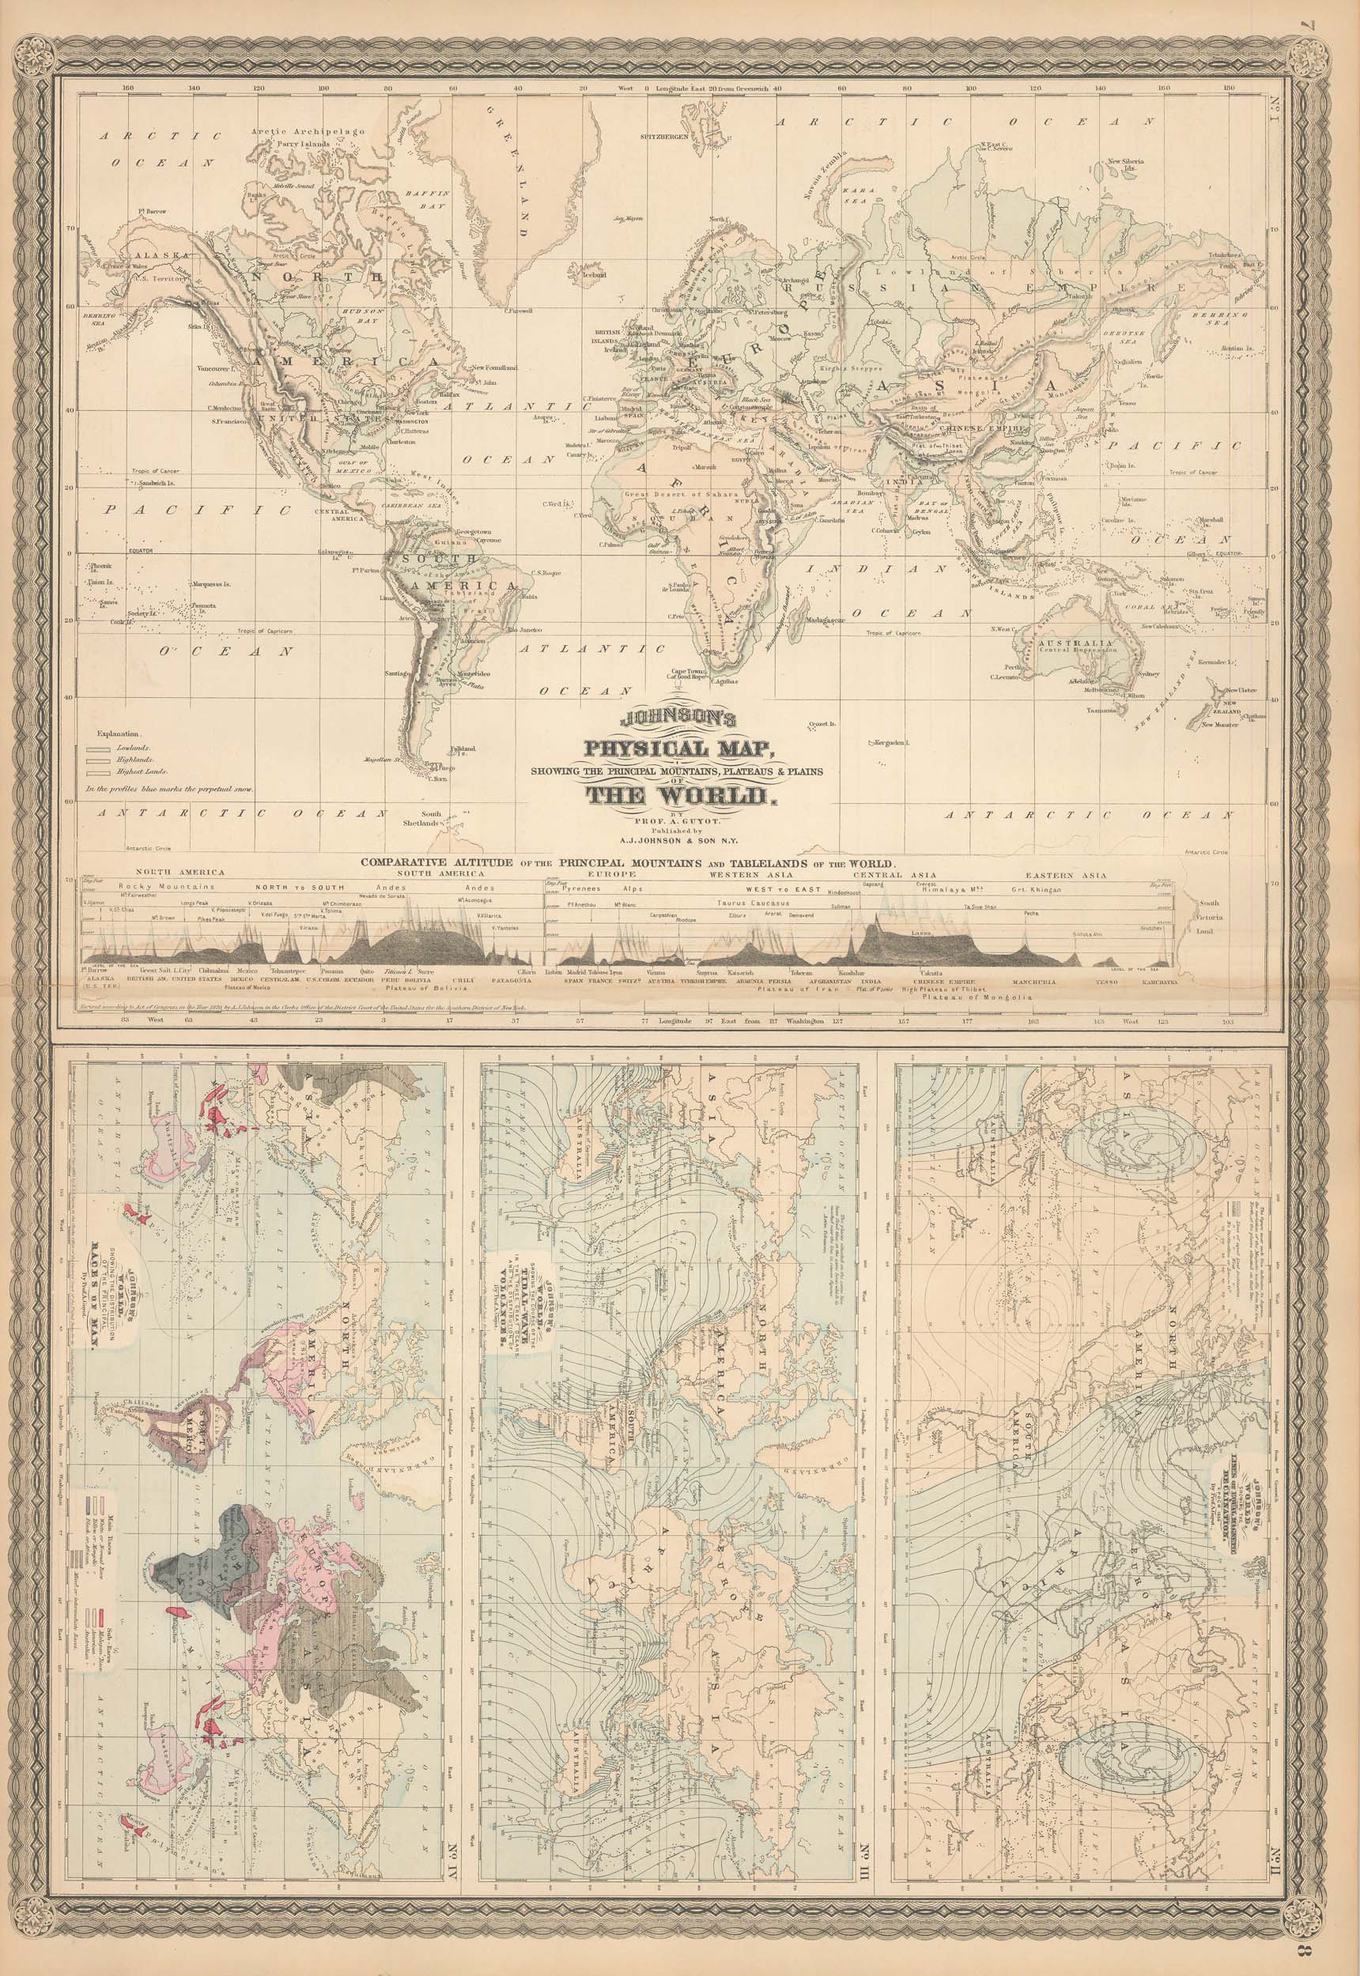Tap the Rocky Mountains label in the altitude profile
click(156, 888)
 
